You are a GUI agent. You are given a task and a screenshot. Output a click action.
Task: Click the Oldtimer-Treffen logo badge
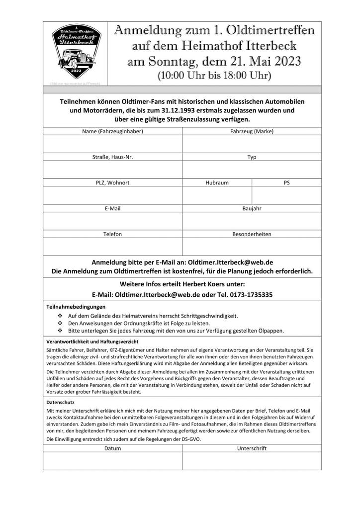(77, 52)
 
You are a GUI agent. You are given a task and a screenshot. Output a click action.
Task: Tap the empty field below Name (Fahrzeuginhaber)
(112, 144)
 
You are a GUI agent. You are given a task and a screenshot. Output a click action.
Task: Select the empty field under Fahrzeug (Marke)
(252, 144)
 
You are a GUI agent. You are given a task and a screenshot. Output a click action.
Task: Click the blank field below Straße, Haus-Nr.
(112, 170)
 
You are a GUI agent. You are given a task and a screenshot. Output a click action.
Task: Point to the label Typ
(252, 157)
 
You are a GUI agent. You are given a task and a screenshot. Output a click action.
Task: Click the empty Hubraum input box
(217, 195)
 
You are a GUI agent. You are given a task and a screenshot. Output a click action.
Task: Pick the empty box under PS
(286, 195)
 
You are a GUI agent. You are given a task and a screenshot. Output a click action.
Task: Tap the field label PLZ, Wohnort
(112, 182)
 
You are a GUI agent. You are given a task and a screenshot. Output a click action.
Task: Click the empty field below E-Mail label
(112, 221)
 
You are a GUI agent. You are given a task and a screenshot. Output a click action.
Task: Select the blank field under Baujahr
(252, 221)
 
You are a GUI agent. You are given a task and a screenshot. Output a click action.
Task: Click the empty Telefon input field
(112, 247)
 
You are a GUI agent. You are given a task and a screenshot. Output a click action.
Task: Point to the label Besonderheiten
(252, 234)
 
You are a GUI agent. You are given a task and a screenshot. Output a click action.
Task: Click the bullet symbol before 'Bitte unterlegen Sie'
(60, 330)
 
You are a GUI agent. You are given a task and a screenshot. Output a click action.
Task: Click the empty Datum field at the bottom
(112, 461)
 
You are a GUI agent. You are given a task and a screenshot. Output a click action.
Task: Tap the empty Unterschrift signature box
(252, 461)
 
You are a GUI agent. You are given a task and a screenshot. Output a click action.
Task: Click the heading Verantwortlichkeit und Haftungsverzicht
(92, 342)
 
